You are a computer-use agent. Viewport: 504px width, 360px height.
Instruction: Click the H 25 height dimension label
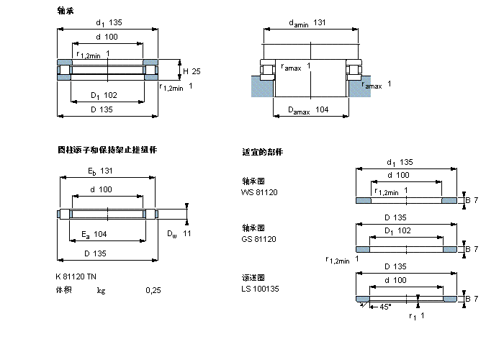[x=191, y=71]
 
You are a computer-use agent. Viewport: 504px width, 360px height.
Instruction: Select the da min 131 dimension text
[x=307, y=23]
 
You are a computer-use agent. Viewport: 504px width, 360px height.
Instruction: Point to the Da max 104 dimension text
[x=308, y=109]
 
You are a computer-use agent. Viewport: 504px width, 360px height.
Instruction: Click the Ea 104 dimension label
[x=94, y=234]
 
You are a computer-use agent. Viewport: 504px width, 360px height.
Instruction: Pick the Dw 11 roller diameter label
[x=179, y=233]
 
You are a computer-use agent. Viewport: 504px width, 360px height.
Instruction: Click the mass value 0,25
[x=153, y=290]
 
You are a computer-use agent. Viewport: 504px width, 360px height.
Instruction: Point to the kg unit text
[x=101, y=290]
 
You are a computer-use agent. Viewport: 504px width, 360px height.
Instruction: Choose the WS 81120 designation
[x=258, y=192]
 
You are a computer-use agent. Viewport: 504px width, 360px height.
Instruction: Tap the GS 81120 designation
[x=258, y=239]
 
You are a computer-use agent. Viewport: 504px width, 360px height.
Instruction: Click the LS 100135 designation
[x=261, y=288]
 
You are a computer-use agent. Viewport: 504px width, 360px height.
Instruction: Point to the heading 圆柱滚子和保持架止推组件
[x=107, y=150]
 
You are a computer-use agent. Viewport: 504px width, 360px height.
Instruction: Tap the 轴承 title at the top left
[x=65, y=11]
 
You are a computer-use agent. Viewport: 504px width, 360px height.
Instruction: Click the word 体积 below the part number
[x=65, y=290]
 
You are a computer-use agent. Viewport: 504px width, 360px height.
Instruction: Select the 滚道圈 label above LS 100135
[x=253, y=277]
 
